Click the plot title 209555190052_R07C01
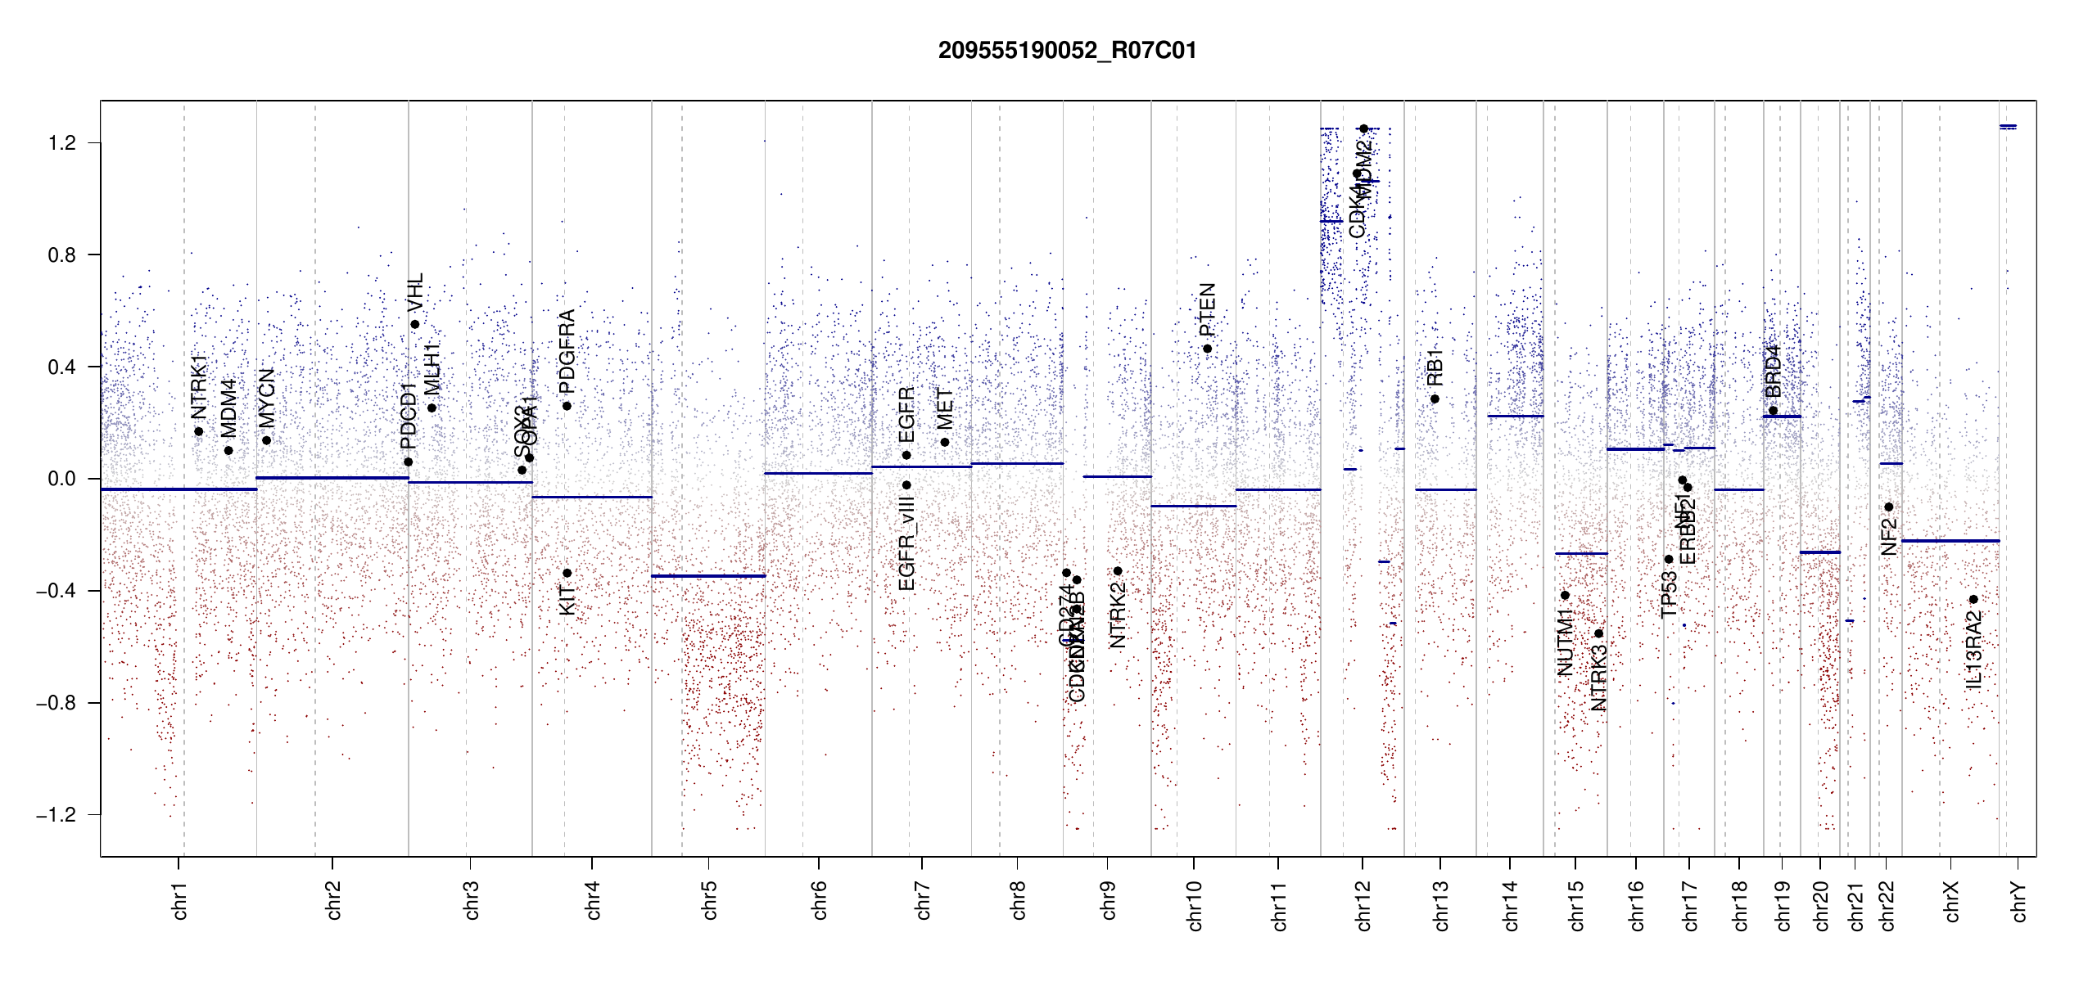click(1067, 51)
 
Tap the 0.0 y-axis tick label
click(62, 479)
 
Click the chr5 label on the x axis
click(709, 900)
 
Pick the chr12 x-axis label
click(1363, 905)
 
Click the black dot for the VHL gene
click(415, 325)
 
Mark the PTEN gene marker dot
click(1207, 349)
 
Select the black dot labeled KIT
click(567, 574)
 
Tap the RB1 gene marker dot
click(1435, 399)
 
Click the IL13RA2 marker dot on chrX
click(1973, 600)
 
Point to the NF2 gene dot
click(1889, 507)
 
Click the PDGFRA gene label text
click(567, 352)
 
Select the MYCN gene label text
click(266, 398)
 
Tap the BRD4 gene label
click(1773, 372)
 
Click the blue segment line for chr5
click(708, 576)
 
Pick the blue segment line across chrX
click(1950, 541)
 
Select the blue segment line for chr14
click(1515, 417)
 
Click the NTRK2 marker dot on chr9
click(1118, 571)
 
